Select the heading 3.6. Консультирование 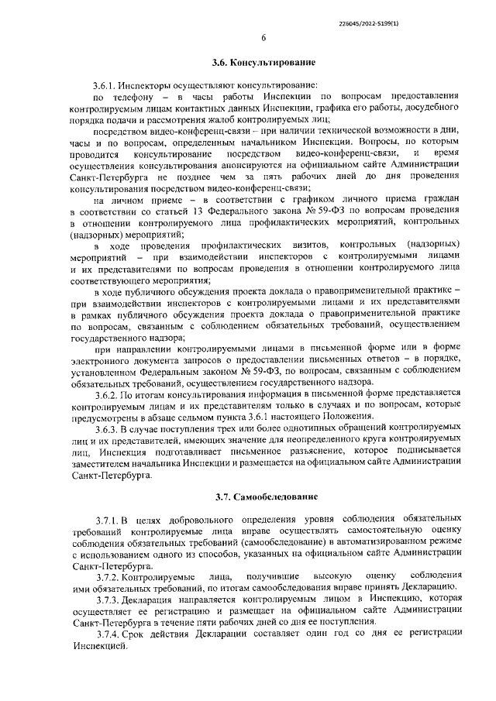263,61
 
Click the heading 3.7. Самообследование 263,494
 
